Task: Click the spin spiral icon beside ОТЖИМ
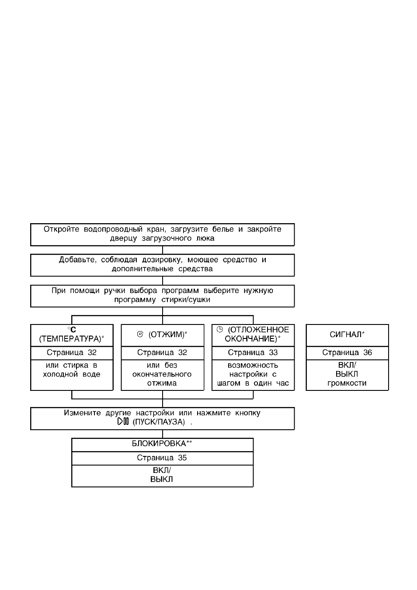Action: pyautogui.click(x=140, y=334)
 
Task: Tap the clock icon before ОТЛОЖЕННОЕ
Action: pyautogui.click(x=219, y=329)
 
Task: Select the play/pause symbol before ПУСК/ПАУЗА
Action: pyautogui.click(x=123, y=421)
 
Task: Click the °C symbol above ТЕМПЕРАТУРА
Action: pyautogui.click(x=72, y=330)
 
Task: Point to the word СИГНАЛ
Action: pyautogui.click(x=346, y=335)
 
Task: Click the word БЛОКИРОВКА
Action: pyautogui.click(x=159, y=444)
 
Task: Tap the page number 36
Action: pyautogui.click(x=368, y=352)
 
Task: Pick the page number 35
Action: pyautogui.click(x=182, y=458)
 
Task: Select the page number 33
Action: pyautogui.click(x=273, y=352)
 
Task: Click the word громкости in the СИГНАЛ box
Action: pyautogui.click(x=347, y=383)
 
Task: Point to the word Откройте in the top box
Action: pyautogui.click(x=62, y=229)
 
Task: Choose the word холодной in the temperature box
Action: pyautogui.click(x=61, y=374)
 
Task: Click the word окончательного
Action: pyautogui.click(x=162, y=374)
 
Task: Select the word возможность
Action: pyautogui.click(x=253, y=365)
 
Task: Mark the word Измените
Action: pyautogui.click(x=82, y=413)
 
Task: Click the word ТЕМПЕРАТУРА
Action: pyautogui.click(x=70, y=339)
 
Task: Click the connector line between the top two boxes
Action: pyautogui.click(x=162, y=250)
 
